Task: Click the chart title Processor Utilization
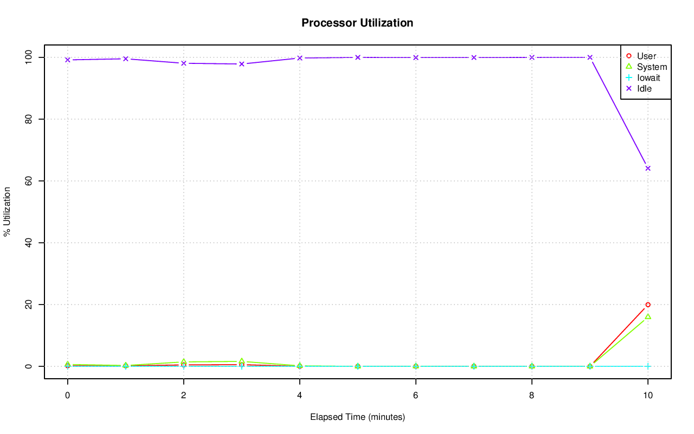[x=357, y=23]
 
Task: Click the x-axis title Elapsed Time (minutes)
[x=357, y=417]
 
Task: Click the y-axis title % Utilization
[x=8, y=211]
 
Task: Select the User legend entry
[x=646, y=56]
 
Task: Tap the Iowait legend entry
[x=648, y=77]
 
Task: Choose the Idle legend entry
[x=644, y=88]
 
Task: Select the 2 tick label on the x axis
[x=183, y=396]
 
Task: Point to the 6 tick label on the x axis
[x=415, y=396]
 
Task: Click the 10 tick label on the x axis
[x=647, y=396]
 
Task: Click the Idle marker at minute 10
[x=647, y=169]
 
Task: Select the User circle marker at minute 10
[x=647, y=305]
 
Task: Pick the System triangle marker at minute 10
[x=647, y=316]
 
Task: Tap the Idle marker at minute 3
[x=241, y=64]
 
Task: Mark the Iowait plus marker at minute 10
[x=647, y=366]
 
